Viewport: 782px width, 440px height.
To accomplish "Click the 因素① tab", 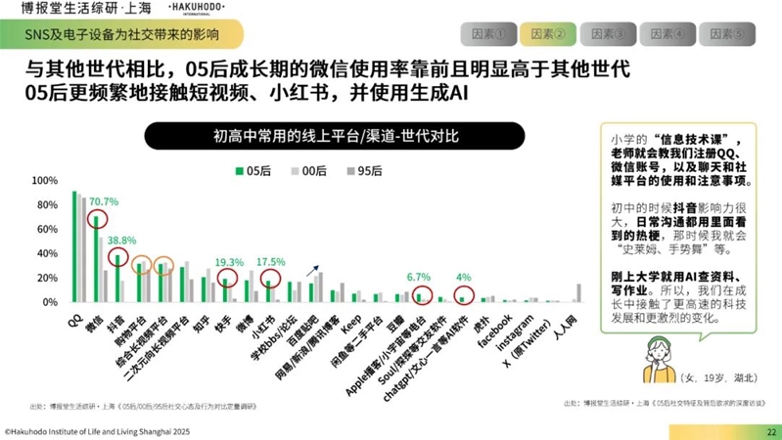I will tap(492, 34).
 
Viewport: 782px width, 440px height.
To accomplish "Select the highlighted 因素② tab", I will tap(549, 34).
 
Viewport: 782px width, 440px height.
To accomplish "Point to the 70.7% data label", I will tap(104, 201).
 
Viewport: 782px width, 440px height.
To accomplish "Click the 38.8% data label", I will tap(121, 241).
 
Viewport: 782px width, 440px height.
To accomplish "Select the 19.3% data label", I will tap(229, 262).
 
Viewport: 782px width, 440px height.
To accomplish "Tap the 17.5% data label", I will tap(270, 262).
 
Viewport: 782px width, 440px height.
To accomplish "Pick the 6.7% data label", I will tap(419, 277).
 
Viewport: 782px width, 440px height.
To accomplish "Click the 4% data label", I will tap(464, 277).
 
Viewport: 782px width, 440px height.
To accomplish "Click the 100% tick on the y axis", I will tap(45, 181).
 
